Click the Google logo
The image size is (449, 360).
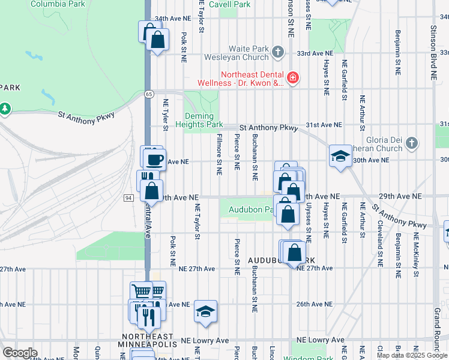coord(19,353)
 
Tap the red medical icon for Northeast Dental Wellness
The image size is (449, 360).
coord(292,77)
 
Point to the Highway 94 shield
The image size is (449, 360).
coord(128,197)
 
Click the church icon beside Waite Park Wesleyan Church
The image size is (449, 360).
coord(277,53)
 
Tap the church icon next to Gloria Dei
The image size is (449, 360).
coord(411,143)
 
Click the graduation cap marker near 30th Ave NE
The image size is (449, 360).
coord(340,157)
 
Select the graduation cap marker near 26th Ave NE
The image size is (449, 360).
coord(205,311)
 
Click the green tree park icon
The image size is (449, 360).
coord(5,109)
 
